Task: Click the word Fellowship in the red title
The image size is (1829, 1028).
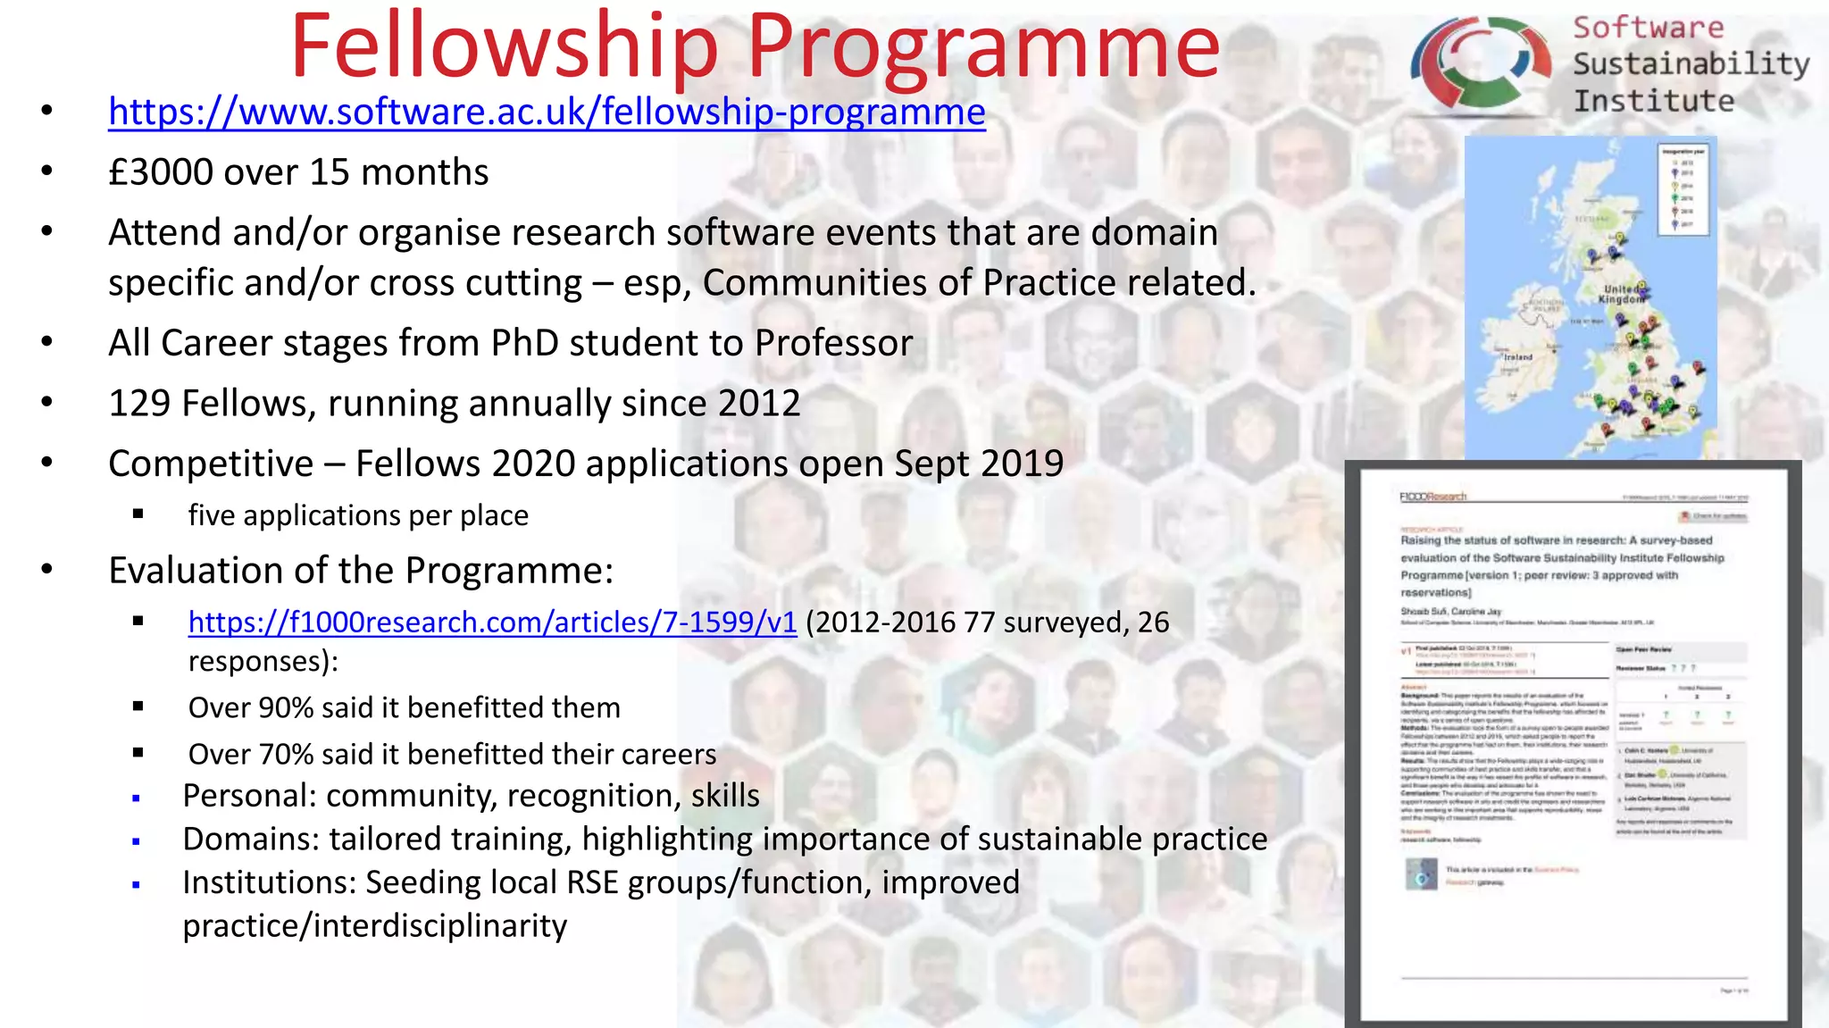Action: (x=505, y=46)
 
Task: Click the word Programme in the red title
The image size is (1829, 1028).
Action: (x=983, y=46)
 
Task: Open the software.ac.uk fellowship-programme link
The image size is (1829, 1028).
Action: (x=547, y=113)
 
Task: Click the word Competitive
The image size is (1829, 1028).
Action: (x=211, y=464)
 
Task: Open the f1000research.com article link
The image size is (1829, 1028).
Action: (x=492, y=623)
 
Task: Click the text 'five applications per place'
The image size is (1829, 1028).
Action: (x=358, y=516)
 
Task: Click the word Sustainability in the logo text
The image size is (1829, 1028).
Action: (x=1691, y=64)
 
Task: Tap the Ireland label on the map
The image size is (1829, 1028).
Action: (x=1517, y=357)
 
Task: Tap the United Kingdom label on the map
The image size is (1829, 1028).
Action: (x=1621, y=295)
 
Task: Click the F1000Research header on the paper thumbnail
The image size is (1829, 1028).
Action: (x=1432, y=497)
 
